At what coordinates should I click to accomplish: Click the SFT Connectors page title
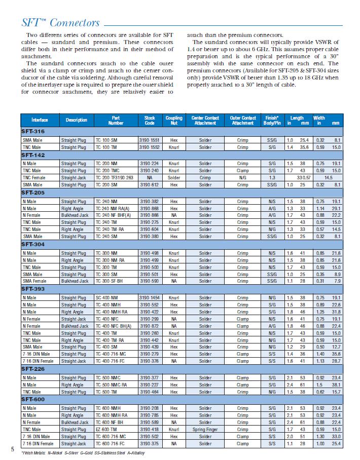[60, 23]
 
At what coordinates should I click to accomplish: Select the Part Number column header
[116, 120]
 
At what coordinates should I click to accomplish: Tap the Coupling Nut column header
[174, 120]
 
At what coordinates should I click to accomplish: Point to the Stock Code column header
[149, 120]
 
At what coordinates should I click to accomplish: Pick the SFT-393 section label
[33, 289]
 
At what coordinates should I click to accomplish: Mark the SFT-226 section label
[33, 370]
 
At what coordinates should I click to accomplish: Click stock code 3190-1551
[149, 140]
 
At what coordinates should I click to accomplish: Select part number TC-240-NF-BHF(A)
[116, 215]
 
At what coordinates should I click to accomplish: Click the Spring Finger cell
[205, 429]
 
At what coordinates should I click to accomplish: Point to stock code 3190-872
[149, 326]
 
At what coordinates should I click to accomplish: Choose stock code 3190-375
[149, 443]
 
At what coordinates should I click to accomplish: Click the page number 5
[12, 449]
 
